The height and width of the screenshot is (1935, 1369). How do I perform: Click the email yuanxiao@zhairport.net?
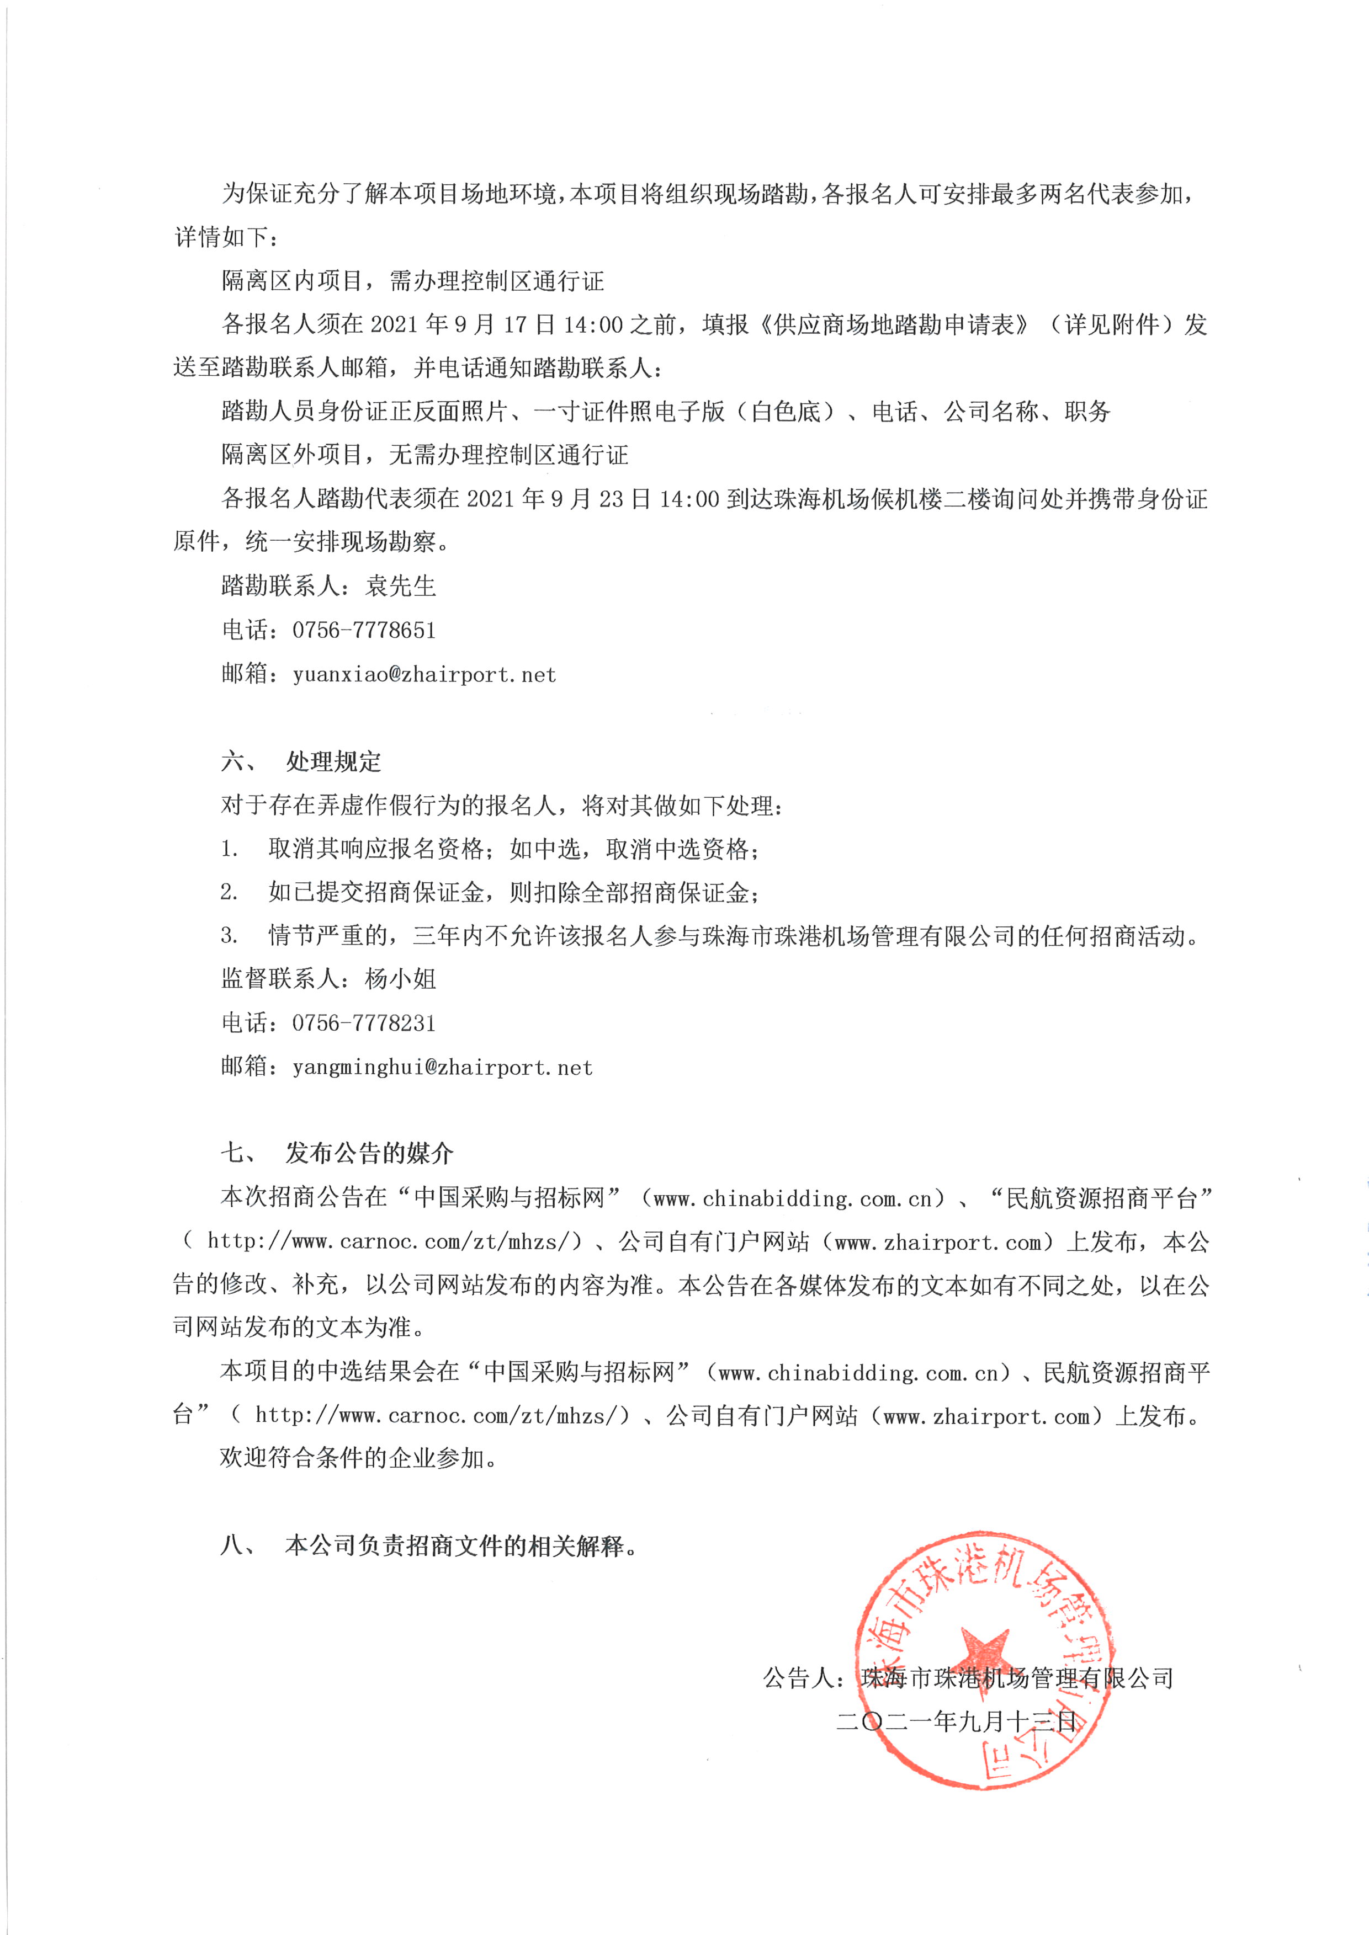tap(424, 674)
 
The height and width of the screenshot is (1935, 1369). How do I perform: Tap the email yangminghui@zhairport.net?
tap(443, 1067)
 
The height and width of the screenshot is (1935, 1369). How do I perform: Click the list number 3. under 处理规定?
tap(229, 935)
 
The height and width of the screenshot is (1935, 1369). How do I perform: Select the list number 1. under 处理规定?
tap(229, 848)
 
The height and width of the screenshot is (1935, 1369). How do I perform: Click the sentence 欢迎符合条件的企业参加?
tap(358, 1457)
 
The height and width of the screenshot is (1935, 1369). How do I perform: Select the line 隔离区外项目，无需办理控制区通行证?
tap(425, 455)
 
